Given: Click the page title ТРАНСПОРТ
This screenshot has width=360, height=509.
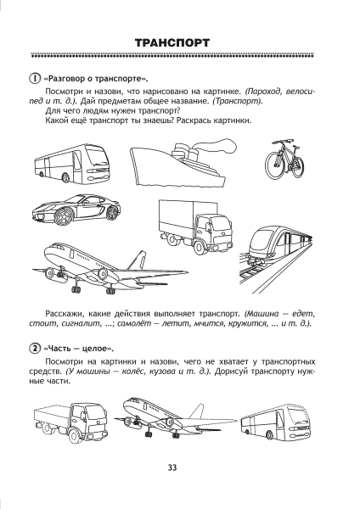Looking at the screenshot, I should tap(179, 42).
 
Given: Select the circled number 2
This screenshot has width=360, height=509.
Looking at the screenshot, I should tap(32, 350).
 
